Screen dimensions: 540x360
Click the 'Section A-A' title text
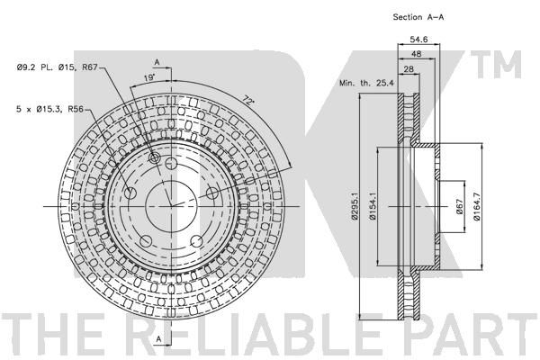click(418, 17)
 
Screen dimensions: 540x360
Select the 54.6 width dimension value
click(418, 40)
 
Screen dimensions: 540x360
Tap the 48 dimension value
click(416, 54)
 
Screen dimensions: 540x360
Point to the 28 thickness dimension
click(409, 69)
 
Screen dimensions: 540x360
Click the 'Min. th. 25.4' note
click(366, 83)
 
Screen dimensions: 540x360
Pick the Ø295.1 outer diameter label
click(354, 206)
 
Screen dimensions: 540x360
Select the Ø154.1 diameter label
click(372, 206)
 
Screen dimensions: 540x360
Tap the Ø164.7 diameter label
click(477, 206)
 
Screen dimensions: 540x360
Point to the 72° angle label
click(248, 101)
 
